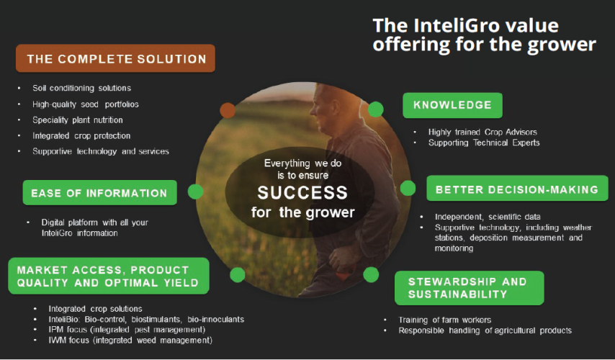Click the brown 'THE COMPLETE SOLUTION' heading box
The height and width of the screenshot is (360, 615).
(x=115, y=58)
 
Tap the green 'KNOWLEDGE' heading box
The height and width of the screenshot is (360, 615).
(x=452, y=105)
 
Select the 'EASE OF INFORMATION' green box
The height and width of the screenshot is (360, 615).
(x=99, y=193)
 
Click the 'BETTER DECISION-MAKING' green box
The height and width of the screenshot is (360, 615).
(x=517, y=190)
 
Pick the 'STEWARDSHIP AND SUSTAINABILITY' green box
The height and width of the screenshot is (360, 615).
(x=468, y=288)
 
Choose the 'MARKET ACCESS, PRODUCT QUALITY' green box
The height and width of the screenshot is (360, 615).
(x=109, y=276)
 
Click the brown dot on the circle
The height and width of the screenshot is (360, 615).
(x=228, y=110)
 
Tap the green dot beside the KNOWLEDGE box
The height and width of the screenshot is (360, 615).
(x=375, y=109)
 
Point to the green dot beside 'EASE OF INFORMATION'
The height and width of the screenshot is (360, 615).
(x=194, y=192)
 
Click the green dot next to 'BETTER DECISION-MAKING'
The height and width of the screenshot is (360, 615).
(x=408, y=189)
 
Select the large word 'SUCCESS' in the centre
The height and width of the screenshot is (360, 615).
(x=302, y=193)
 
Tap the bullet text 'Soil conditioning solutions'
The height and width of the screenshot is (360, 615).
(x=81, y=88)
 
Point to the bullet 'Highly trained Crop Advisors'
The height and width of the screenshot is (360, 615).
(x=482, y=132)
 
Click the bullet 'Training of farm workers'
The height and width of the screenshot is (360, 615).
(x=444, y=320)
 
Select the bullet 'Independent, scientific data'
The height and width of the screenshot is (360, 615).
(x=487, y=217)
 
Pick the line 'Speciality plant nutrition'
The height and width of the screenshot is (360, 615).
(x=78, y=120)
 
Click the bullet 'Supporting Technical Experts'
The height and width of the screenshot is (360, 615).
(x=484, y=143)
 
